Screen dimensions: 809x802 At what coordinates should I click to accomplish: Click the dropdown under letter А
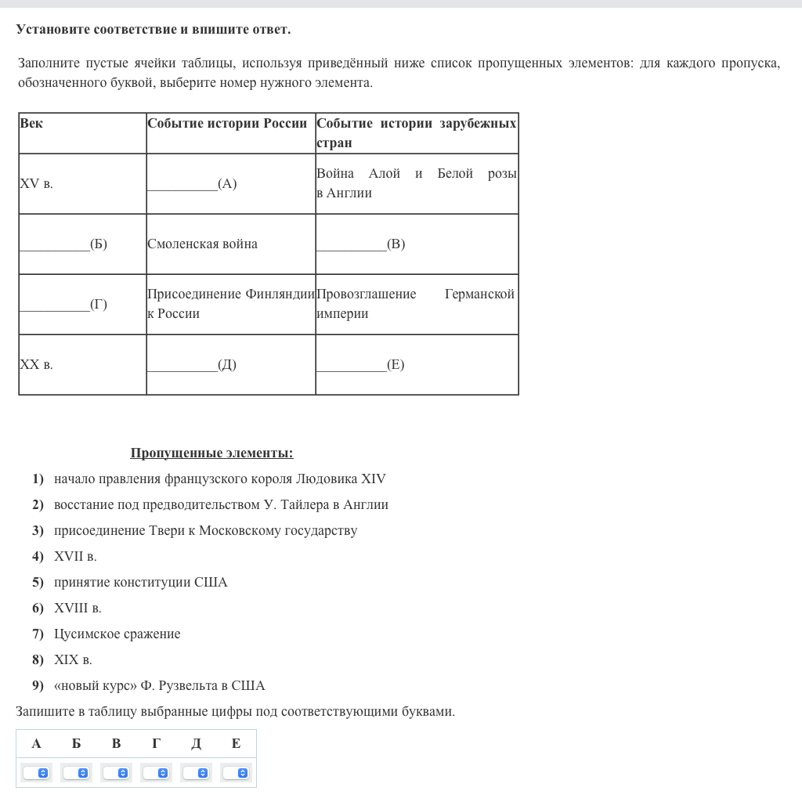[36, 773]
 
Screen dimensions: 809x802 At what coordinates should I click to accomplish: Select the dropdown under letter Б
[76, 773]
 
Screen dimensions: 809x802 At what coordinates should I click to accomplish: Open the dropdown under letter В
[116, 773]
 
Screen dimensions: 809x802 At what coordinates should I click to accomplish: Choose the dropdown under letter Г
[156, 773]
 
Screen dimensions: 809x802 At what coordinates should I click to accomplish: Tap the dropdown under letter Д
[196, 773]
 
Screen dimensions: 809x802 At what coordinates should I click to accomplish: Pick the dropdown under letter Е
[236, 773]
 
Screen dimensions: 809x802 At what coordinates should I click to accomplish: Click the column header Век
[31, 124]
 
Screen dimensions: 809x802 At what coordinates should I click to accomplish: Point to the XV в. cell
[36, 184]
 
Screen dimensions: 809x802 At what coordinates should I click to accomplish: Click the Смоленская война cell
[202, 244]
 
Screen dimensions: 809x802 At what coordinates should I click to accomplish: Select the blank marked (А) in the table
[192, 184]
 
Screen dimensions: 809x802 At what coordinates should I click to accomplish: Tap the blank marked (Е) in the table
[360, 365]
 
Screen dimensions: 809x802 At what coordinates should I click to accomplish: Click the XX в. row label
[36, 365]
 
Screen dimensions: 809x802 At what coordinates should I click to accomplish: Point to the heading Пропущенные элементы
[211, 453]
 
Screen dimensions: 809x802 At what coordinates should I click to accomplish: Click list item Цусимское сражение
[117, 634]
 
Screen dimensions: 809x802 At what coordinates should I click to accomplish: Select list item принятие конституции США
[140, 583]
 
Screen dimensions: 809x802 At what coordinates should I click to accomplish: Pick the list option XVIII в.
[78, 609]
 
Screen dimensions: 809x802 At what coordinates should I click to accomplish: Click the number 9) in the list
[38, 686]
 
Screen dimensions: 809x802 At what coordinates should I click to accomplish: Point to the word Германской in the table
[479, 294]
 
